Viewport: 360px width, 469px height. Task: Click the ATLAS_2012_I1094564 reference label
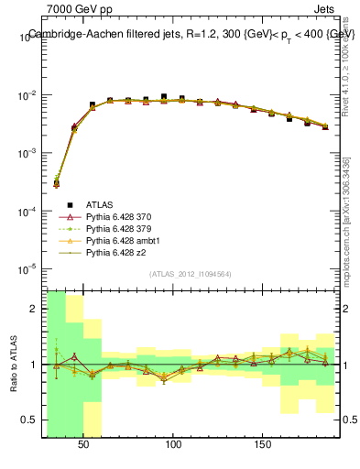point(191,274)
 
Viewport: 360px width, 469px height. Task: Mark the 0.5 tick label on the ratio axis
point(31,420)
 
